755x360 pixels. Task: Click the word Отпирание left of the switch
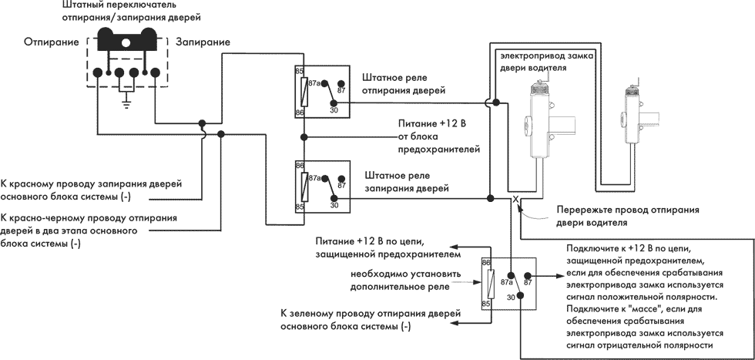52,42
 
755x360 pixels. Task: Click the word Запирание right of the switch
203,42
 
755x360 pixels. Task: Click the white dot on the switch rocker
126,43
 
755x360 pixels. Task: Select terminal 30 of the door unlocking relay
333,103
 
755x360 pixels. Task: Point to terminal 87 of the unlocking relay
341,84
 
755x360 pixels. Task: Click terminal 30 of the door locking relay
333,198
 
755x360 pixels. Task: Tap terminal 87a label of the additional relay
507,283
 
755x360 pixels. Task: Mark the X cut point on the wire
515,199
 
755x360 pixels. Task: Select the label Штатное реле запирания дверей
407,182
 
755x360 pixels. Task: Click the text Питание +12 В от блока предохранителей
439,136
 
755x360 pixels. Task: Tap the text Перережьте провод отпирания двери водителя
628,217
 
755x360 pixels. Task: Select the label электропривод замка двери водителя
546,62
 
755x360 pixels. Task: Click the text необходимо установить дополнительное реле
405,280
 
